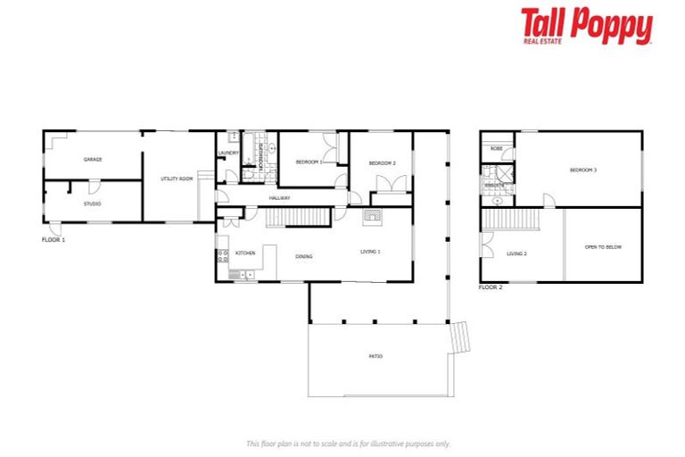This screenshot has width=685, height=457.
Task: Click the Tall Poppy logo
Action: coord(586,27)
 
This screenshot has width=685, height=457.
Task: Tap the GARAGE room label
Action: coord(93,159)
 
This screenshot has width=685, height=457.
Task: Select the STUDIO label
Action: coord(93,204)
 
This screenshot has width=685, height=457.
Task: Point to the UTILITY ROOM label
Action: coord(177,179)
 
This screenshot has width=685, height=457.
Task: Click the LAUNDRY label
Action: coord(227,153)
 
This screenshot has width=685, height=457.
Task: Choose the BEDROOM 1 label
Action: coord(309,162)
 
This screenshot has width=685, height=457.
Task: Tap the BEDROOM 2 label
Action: coord(382,162)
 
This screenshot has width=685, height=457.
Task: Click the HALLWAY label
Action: coord(281,198)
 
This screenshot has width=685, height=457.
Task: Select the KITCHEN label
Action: coord(245,253)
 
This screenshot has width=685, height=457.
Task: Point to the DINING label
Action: coord(304,256)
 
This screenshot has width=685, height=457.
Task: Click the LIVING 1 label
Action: coord(370,251)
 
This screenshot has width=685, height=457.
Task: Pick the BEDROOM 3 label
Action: coord(582,170)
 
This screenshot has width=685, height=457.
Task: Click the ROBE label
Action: coord(496,147)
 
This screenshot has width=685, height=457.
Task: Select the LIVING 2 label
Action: coord(517,253)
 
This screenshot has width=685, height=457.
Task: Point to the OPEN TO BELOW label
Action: coord(602,246)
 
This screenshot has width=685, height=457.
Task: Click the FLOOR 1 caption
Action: coord(54,239)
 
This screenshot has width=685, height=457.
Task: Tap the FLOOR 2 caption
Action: coord(490,287)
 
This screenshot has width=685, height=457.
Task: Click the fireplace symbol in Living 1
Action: coord(371,215)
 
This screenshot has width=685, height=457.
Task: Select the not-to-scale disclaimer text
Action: coord(348,444)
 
